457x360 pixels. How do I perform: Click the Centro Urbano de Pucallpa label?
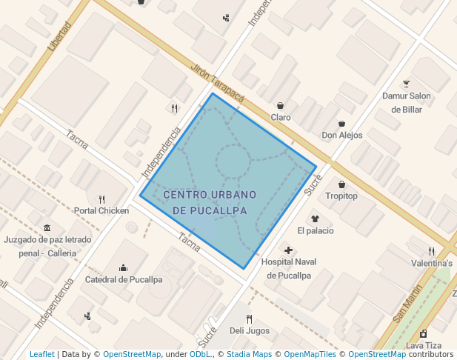(210, 202)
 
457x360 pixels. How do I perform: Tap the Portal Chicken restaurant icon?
(101, 199)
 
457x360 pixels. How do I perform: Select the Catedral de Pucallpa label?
(124, 280)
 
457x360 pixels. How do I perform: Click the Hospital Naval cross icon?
(289, 250)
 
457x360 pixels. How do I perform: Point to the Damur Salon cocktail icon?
(406, 84)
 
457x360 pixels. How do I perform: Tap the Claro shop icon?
(281, 105)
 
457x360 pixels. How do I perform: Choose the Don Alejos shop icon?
(341, 123)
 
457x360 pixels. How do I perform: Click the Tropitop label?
(341, 196)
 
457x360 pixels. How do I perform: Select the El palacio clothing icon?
(315, 219)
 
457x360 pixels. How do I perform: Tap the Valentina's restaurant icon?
(431, 251)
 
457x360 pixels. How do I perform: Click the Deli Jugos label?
(250, 330)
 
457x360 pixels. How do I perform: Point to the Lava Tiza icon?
(423, 334)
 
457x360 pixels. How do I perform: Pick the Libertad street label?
(59, 36)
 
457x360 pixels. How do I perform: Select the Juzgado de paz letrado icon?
(47, 227)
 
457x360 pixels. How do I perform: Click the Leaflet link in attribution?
(41, 355)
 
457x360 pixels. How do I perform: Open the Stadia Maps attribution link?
(247, 355)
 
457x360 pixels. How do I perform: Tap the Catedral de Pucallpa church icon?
(123, 267)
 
